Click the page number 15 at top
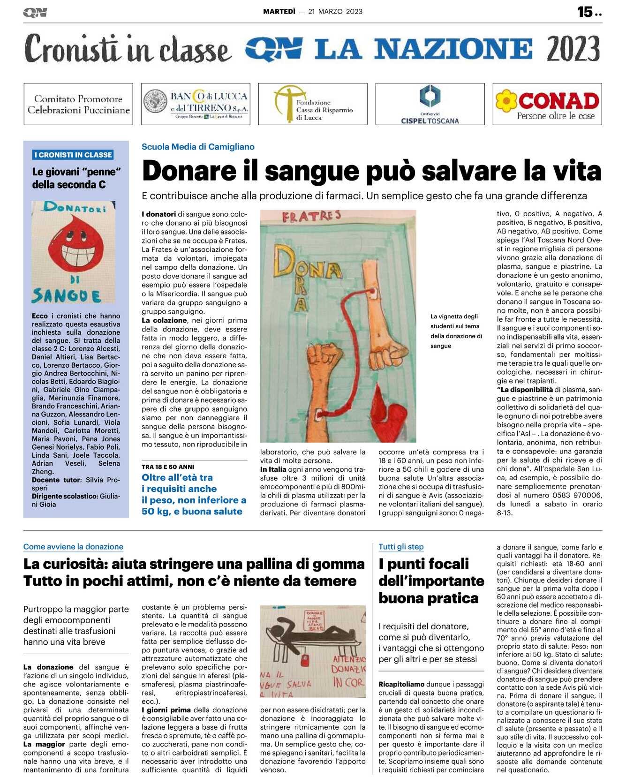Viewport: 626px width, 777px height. coord(585,12)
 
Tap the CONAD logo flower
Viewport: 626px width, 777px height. coord(506,100)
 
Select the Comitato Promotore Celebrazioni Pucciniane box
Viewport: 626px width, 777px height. coord(78,104)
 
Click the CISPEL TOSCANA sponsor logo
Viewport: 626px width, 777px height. coord(430,104)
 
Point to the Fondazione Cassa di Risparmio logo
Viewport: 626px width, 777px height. coord(313,104)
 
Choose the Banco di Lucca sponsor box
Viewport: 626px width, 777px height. coord(196,104)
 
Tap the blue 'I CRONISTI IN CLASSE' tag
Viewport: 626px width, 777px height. coord(74,155)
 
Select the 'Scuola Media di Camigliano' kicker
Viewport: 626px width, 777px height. coord(198,147)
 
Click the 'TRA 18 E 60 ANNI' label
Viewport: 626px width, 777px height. coord(168,467)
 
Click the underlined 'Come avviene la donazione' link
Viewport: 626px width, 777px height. coord(73,547)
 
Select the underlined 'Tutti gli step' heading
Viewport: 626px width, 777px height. coord(401,547)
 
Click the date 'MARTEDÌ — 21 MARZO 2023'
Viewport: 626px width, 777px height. coord(312,12)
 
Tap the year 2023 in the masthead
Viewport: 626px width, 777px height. coord(573,49)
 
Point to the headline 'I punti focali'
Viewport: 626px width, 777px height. coord(423,564)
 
